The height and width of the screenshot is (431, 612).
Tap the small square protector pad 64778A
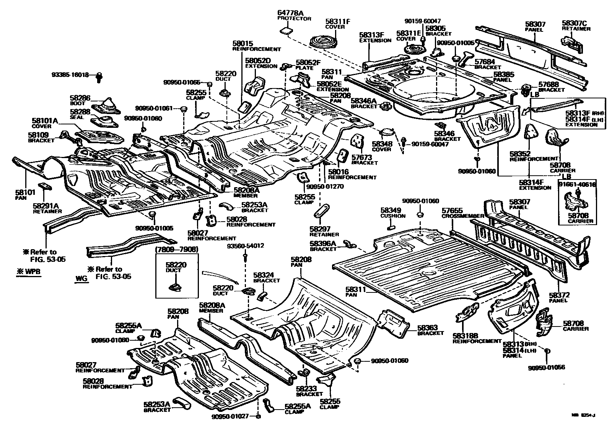tap(285, 30)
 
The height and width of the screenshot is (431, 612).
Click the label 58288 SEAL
tap(80, 114)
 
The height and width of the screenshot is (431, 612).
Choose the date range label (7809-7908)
tap(176, 250)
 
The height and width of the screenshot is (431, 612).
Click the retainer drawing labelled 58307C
tap(573, 42)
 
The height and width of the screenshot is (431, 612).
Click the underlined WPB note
tap(29, 272)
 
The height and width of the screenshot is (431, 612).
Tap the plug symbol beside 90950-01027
tap(258, 416)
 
